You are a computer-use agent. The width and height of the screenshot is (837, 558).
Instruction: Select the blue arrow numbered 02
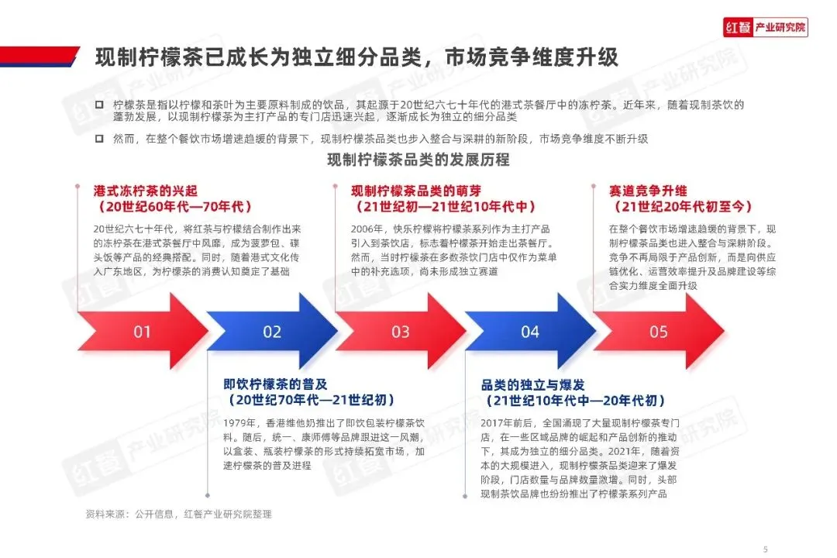tap(272, 332)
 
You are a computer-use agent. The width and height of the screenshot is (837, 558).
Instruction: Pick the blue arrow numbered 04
tap(529, 332)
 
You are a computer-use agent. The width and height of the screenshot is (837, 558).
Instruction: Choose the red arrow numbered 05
tap(659, 332)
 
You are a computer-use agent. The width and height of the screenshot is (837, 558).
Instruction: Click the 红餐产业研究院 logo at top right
tap(765, 28)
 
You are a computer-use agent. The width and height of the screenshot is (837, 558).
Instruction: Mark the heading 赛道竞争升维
tap(648, 191)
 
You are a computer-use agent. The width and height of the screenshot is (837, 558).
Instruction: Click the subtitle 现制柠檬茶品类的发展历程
tap(418, 160)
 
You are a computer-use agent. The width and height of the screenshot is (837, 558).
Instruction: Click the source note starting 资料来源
tap(178, 514)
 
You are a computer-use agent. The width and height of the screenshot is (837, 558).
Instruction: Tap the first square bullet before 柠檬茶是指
tap(98, 105)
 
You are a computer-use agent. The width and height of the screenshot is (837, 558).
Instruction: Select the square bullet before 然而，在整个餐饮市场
tap(98, 139)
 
